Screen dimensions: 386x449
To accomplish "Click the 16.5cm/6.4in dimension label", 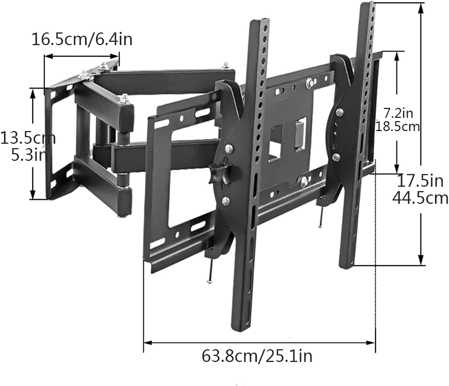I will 82,40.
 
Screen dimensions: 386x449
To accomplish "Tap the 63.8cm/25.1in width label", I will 257,356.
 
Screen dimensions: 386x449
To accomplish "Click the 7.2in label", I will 398,113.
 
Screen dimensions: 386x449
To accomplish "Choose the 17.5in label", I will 420,181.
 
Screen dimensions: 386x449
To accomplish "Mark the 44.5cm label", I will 420,199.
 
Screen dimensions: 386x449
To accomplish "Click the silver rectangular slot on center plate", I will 301,133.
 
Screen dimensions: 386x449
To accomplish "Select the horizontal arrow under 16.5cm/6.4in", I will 82,56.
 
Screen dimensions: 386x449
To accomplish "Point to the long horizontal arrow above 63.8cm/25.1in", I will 259,342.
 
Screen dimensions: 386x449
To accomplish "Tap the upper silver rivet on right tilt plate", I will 340,112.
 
